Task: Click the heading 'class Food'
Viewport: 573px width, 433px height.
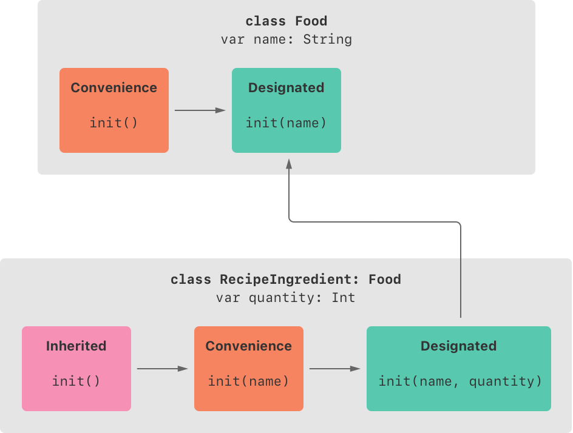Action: click(286, 21)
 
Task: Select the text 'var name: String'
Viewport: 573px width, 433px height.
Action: click(286, 39)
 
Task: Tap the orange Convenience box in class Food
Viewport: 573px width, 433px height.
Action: click(114, 110)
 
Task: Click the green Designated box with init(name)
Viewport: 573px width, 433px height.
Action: click(286, 110)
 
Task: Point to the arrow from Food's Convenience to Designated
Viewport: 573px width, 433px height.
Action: click(200, 110)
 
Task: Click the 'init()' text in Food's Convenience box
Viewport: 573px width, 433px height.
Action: click(114, 123)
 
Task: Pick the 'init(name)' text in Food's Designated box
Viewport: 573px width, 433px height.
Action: click(286, 123)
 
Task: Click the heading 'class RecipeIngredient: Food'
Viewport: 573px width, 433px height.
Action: click(286, 280)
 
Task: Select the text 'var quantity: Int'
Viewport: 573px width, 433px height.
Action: click(286, 298)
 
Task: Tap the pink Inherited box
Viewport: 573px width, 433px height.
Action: click(76, 369)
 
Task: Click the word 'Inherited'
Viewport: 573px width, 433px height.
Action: click(76, 346)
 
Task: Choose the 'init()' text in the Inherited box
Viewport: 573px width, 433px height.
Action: click(76, 381)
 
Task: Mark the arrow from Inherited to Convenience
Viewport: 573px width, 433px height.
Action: click(162, 369)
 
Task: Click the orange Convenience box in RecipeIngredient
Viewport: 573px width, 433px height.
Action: click(249, 369)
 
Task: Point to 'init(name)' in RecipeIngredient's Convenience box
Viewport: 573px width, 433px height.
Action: click(249, 381)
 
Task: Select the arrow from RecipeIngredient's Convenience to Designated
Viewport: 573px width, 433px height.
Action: click(334, 369)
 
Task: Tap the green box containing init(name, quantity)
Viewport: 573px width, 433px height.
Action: click(459, 369)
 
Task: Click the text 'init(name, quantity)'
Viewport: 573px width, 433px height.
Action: click(459, 381)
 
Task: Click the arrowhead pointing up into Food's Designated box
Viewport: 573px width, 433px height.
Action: click(289, 164)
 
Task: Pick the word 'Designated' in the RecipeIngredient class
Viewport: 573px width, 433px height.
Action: click(459, 346)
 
